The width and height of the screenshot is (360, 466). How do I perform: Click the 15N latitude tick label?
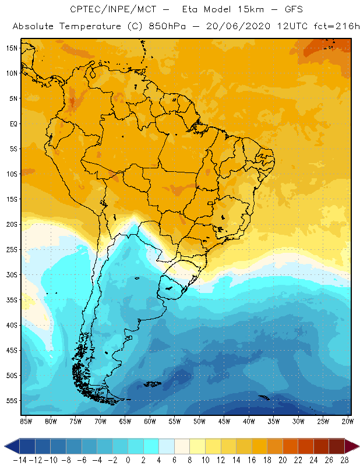tap(12, 48)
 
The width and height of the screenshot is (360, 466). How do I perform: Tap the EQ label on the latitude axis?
tap(13, 123)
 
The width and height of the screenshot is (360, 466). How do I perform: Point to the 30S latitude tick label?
tap(12, 274)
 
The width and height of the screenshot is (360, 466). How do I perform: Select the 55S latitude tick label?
tap(12, 400)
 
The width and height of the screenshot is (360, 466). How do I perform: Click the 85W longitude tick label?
tap(26, 421)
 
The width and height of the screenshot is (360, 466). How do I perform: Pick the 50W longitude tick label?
tap(200, 421)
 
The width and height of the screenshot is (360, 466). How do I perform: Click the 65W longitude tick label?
tap(125, 421)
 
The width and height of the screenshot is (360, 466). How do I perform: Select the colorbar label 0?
tap(128, 460)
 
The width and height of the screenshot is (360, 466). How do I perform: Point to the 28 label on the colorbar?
tap(344, 460)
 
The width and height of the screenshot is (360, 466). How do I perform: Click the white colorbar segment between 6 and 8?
tap(182, 446)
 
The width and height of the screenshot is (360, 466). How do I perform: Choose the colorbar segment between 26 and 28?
tap(336, 446)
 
